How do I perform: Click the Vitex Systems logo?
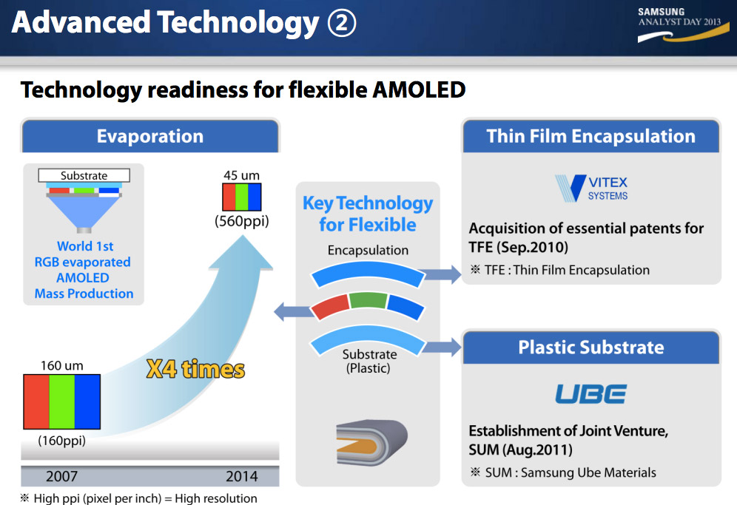[x=591, y=188]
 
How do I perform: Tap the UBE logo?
[x=590, y=393]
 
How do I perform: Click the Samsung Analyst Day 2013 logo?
[x=682, y=24]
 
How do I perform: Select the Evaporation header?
[x=150, y=136]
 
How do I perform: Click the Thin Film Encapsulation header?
[x=590, y=136]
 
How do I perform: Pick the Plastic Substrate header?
[x=590, y=348]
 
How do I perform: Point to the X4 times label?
[x=195, y=369]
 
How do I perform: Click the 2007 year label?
[x=61, y=476]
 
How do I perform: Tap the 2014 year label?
[x=241, y=476]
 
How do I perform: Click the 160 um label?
[x=61, y=365]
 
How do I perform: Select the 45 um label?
[x=241, y=175]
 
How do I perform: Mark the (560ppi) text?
[x=241, y=221]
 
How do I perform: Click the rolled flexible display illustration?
[x=371, y=442]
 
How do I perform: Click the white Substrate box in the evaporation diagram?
[x=84, y=175]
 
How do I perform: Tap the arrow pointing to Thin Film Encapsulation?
[x=440, y=274]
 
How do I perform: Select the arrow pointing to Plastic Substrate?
[x=440, y=348]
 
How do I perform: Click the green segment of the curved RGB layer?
[x=368, y=300]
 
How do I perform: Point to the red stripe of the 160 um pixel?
[x=37, y=401]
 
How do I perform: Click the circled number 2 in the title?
[x=342, y=23]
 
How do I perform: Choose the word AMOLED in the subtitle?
[x=419, y=89]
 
